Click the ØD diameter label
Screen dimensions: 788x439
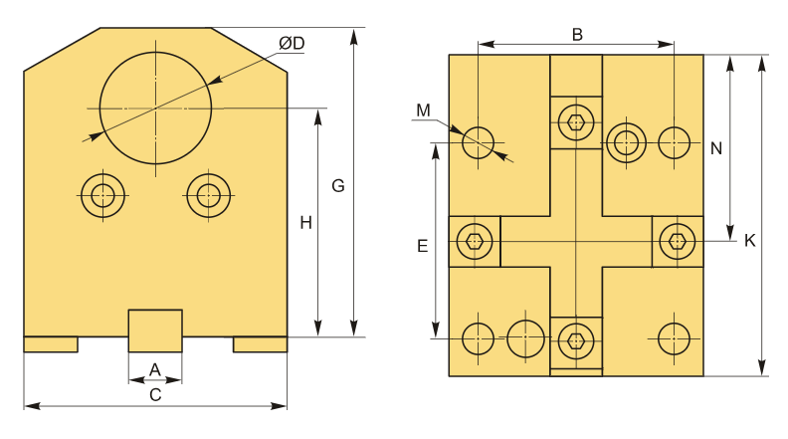click(x=292, y=43)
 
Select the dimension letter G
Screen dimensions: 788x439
click(x=338, y=186)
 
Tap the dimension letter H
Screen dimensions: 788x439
click(x=306, y=223)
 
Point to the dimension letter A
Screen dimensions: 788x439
click(x=155, y=369)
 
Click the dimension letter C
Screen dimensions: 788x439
click(x=155, y=395)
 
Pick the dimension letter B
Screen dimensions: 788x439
click(x=577, y=35)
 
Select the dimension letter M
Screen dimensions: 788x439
click(x=424, y=110)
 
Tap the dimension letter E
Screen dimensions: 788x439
click(x=423, y=246)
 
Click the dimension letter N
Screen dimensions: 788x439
click(x=716, y=148)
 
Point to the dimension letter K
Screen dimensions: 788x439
click(x=749, y=240)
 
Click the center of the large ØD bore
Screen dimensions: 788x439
click(x=156, y=109)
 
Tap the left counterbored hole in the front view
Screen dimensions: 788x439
click(x=103, y=195)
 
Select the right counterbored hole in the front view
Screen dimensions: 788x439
click(x=209, y=195)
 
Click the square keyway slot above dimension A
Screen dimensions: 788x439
click(x=155, y=330)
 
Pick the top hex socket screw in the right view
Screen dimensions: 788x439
click(x=576, y=122)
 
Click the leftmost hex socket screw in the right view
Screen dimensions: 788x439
click(x=475, y=242)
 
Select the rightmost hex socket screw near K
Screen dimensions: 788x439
click(x=678, y=242)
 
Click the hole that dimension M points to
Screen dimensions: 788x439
click(x=478, y=142)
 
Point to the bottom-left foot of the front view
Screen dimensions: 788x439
click(x=51, y=344)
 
